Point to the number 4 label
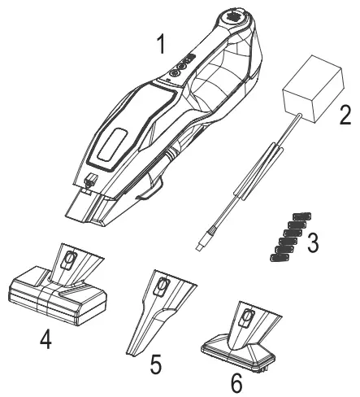point(46,338)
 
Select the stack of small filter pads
point(280,238)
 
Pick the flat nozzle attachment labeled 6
point(242,338)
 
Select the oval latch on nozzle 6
point(244,317)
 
